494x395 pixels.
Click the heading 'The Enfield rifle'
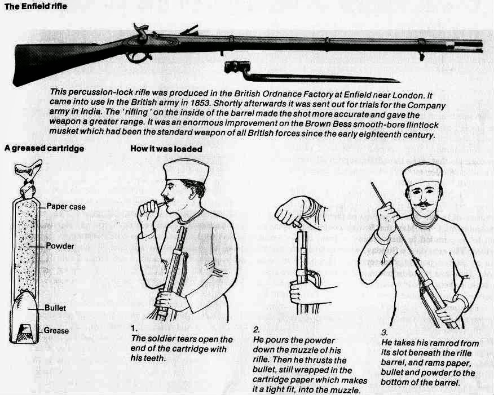tap(36, 6)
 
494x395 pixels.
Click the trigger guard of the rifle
tap(139, 57)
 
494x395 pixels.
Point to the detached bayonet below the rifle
tap(312, 73)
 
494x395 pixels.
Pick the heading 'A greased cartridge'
tap(44, 148)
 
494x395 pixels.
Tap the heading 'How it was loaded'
tap(166, 149)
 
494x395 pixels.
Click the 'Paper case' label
tap(66, 206)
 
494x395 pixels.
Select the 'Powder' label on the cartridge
tap(60, 246)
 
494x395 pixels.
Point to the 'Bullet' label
tap(55, 308)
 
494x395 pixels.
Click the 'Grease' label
tap(56, 330)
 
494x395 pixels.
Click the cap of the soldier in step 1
tap(187, 171)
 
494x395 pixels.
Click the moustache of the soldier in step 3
tap(423, 205)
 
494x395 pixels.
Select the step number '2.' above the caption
tap(257, 330)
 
